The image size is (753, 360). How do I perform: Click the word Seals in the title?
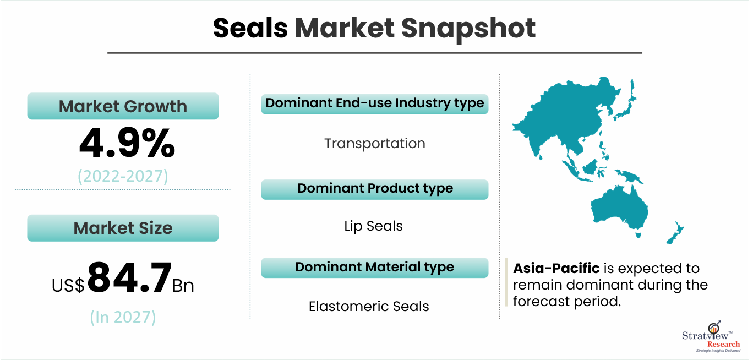tap(250, 28)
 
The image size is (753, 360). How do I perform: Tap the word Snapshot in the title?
tap(468, 30)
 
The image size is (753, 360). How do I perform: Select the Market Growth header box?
tap(123, 106)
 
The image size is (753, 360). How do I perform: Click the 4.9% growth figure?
tap(127, 143)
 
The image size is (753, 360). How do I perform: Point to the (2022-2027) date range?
tap(123, 176)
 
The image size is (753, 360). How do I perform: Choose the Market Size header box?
tap(123, 228)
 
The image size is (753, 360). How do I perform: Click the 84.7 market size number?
tap(130, 277)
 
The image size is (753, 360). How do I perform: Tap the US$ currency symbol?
tap(68, 285)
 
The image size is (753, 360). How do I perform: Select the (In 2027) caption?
tap(123, 317)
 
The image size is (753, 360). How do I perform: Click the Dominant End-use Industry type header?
tap(374, 104)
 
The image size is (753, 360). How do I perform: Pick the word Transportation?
tap(374, 144)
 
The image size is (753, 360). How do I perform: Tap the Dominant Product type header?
tap(374, 189)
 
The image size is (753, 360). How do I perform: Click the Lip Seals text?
tap(373, 226)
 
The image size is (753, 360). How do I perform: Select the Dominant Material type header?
tap(374, 268)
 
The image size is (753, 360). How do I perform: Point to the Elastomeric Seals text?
tap(369, 306)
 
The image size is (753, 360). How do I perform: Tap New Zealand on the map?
tap(675, 233)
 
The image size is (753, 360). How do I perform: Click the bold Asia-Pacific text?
tap(556, 268)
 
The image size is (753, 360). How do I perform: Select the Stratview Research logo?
tap(711, 336)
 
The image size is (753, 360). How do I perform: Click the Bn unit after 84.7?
tap(183, 286)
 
